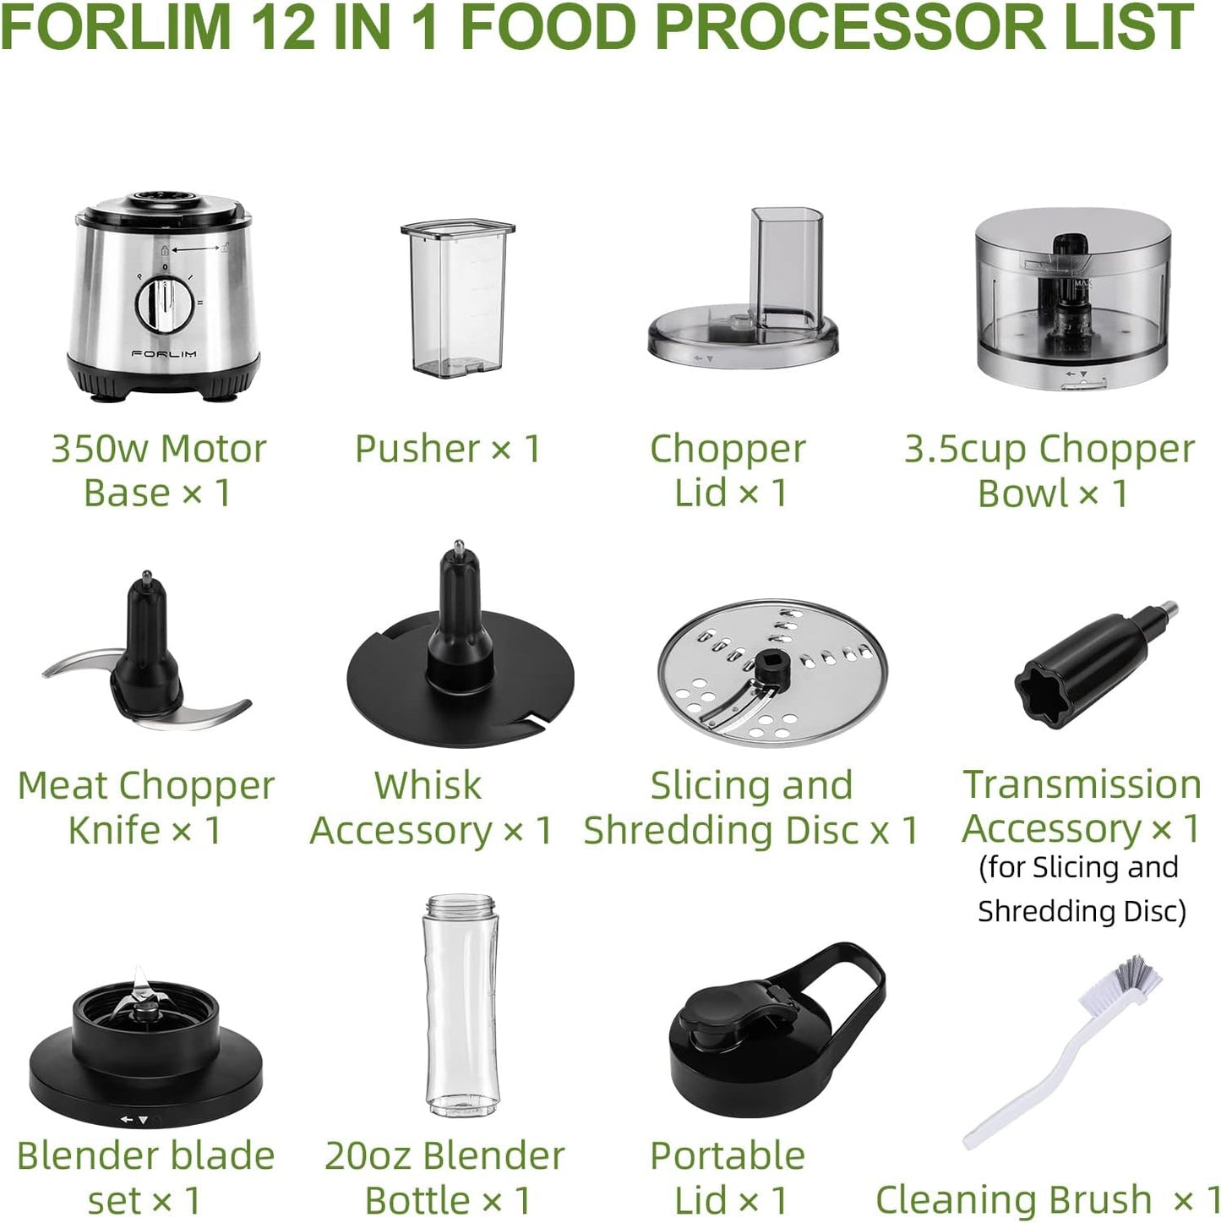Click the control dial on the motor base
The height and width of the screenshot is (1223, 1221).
tap(165, 304)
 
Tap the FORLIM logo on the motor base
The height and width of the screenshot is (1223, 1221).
tap(165, 353)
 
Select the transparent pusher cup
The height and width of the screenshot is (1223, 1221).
tap(457, 297)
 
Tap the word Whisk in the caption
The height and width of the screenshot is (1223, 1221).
tap(428, 786)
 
